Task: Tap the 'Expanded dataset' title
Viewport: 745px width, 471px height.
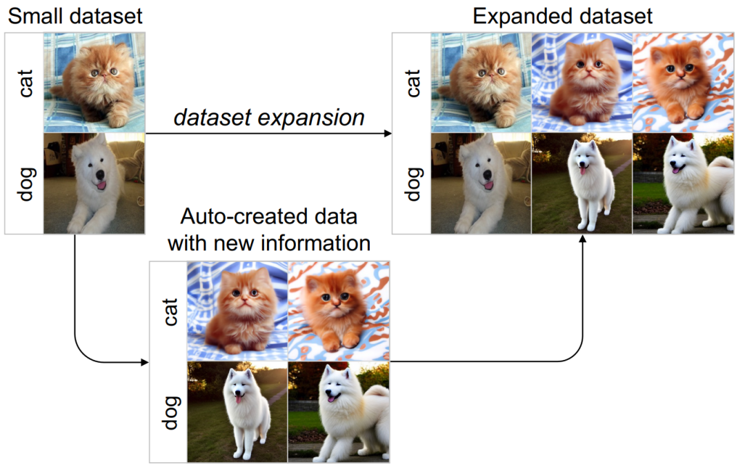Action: [562, 15]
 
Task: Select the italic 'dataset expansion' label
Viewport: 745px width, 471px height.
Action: [269, 117]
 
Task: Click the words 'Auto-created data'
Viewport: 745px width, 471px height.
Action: [269, 217]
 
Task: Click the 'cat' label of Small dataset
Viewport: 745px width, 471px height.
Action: [25, 81]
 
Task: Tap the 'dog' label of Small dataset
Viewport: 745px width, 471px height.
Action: [25, 182]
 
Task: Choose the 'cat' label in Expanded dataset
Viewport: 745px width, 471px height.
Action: [413, 81]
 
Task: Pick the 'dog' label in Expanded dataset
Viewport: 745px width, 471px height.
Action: [413, 182]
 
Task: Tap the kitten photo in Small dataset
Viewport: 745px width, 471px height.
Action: [95, 81]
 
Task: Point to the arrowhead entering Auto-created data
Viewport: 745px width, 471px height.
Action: [146, 361]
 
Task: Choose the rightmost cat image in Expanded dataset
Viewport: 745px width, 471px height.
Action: [683, 81]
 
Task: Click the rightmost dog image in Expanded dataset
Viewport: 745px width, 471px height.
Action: [683, 183]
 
